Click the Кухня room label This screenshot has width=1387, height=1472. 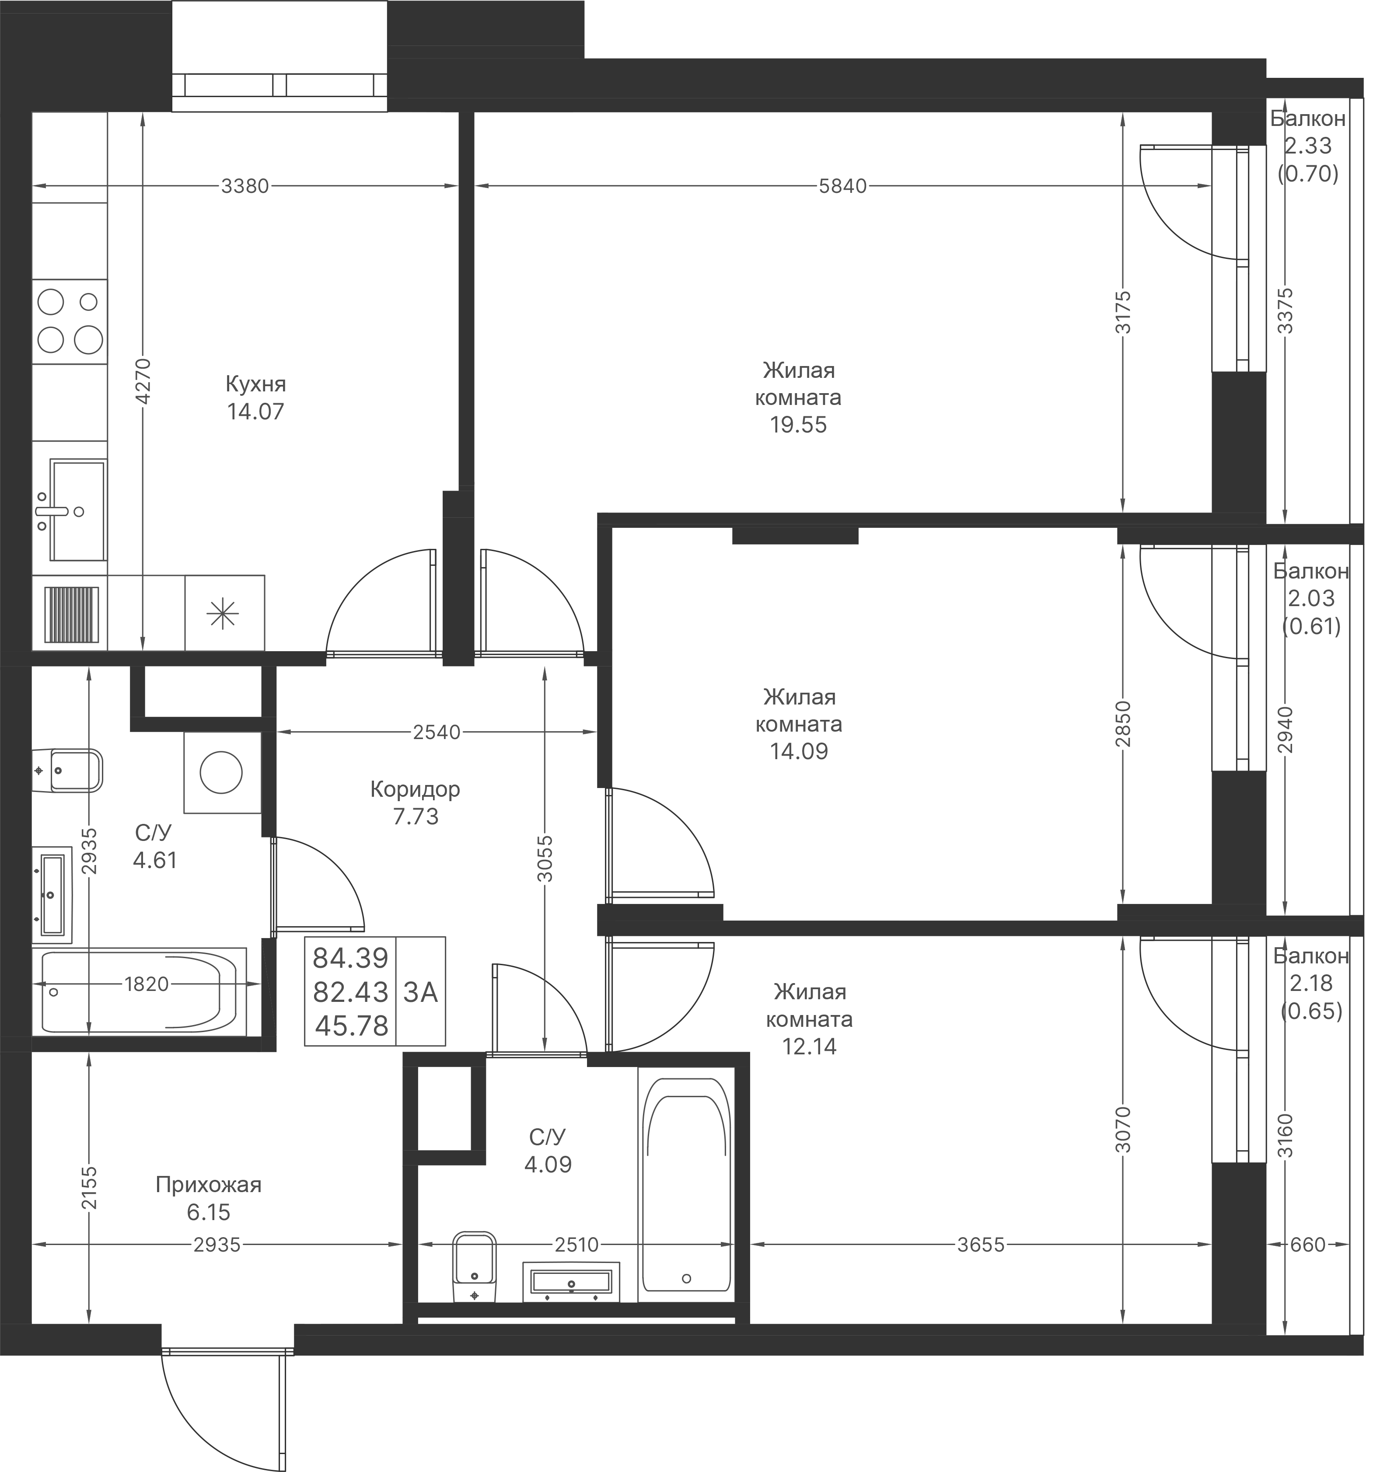(x=255, y=384)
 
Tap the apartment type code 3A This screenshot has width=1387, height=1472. (x=421, y=992)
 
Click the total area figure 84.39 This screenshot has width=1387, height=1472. (x=350, y=959)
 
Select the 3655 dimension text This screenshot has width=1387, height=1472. (x=981, y=1245)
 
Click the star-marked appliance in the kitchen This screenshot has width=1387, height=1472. (x=223, y=614)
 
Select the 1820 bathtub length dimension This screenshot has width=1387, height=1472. (x=146, y=984)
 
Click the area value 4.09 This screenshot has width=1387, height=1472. (x=548, y=1165)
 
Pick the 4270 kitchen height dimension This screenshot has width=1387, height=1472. (x=143, y=381)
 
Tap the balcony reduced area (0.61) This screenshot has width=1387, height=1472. (x=1311, y=627)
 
